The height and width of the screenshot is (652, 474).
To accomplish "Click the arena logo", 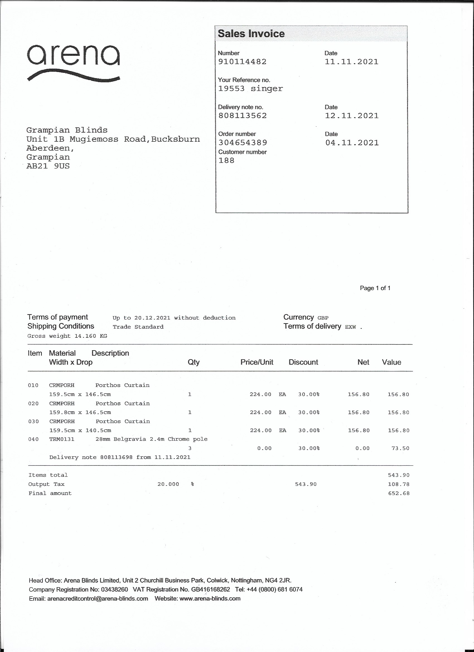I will pyautogui.click(x=73, y=63).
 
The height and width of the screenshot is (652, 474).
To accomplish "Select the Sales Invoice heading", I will pyautogui.click(x=251, y=34).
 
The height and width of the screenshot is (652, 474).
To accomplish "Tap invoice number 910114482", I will pyautogui.click(x=242, y=62).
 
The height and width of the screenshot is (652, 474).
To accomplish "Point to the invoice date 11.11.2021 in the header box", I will pyautogui.click(x=351, y=62).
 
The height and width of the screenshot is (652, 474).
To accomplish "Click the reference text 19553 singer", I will pyautogui.click(x=250, y=89).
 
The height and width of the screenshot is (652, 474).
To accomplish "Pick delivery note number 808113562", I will pyautogui.click(x=243, y=115).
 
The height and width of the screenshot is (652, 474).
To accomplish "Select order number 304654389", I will pyautogui.click(x=243, y=143).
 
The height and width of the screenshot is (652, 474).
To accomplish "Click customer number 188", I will pyautogui.click(x=226, y=160).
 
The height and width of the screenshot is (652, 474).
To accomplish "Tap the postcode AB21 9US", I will pyautogui.click(x=48, y=166).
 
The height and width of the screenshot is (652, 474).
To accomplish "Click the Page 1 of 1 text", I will pyautogui.click(x=375, y=288).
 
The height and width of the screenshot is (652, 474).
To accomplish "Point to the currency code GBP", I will pyautogui.click(x=323, y=318).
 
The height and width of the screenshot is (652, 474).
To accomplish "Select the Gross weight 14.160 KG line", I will pyautogui.click(x=67, y=336).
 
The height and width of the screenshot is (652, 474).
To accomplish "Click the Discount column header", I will pyautogui.click(x=303, y=362).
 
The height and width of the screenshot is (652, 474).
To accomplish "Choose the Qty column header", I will pyautogui.click(x=194, y=362).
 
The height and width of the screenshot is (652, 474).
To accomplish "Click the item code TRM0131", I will pyautogui.click(x=62, y=439).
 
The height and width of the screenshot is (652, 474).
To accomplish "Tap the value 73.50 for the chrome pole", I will pyautogui.click(x=400, y=448).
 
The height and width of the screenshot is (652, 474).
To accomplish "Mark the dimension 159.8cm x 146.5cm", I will pyautogui.click(x=80, y=412).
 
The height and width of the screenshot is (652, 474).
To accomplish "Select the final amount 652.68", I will pyautogui.click(x=399, y=493).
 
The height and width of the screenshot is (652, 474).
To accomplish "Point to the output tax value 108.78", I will pyautogui.click(x=399, y=484).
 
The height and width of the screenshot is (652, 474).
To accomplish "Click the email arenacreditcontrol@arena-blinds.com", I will pyautogui.click(x=97, y=598).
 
